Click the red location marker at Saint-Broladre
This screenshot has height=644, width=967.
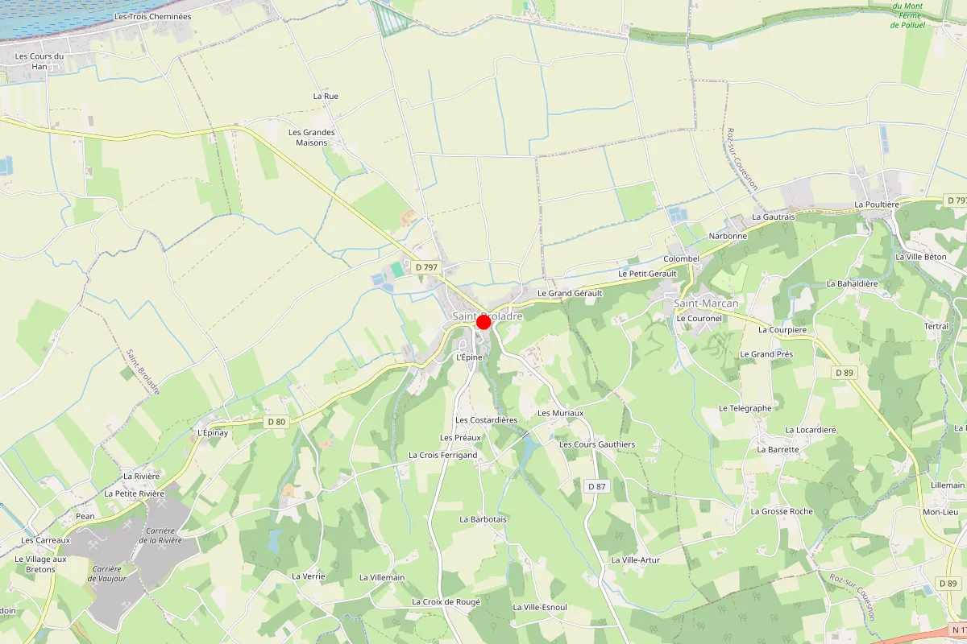483,322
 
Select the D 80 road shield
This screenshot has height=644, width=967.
276,421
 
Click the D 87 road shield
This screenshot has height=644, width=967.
596,486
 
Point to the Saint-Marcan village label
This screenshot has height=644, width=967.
706,303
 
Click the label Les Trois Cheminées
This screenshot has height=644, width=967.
153,16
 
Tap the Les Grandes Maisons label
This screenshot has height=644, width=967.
311,138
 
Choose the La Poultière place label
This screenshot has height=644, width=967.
877,204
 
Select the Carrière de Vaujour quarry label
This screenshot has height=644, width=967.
106,573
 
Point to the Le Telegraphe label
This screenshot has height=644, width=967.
745,408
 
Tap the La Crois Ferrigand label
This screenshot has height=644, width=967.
443,455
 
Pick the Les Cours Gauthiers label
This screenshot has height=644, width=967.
597,444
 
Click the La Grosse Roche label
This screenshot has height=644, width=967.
782,511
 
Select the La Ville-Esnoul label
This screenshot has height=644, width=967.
540,607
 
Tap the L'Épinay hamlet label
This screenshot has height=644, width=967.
213,432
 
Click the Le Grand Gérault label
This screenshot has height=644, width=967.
570,293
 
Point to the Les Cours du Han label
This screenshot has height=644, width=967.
39,61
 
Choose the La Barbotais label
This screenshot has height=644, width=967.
483,519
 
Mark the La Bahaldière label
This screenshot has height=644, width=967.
852,283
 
